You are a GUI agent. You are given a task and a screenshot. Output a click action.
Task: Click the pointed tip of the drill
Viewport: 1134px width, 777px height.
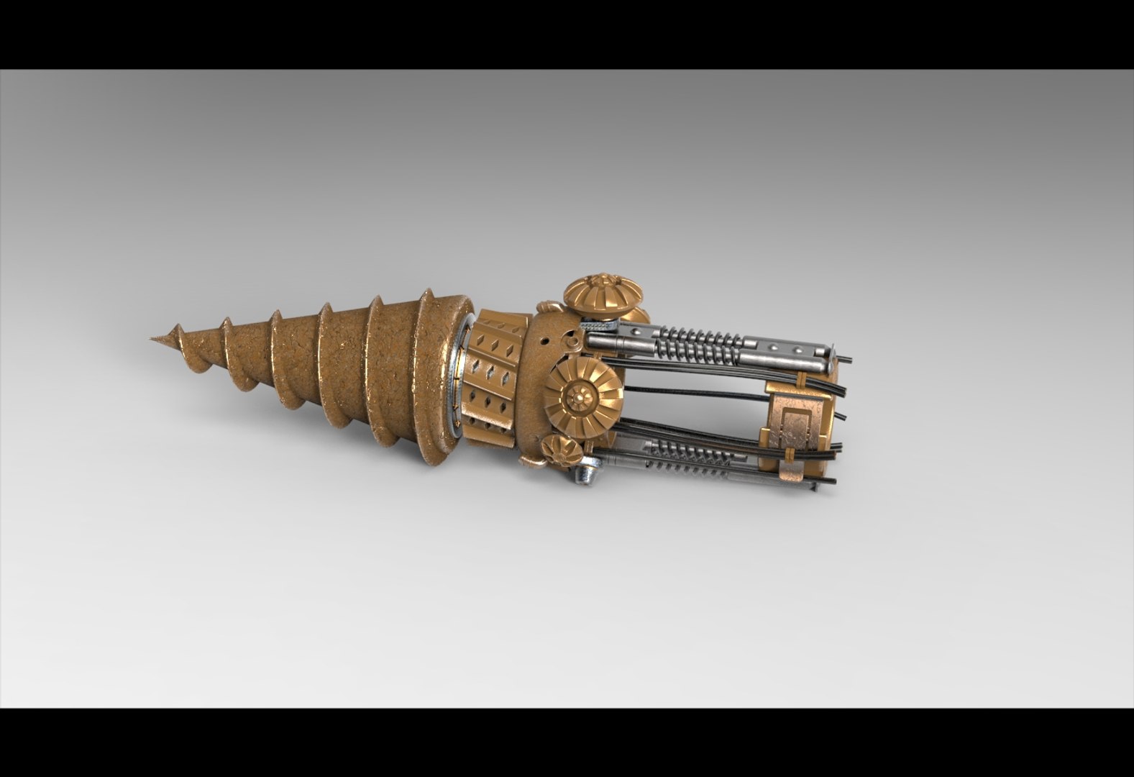coord(153,338)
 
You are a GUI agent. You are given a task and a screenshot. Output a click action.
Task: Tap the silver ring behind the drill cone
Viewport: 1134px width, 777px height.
coord(458,381)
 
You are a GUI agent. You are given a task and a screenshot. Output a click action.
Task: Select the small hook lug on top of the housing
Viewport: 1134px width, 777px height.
coord(548,309)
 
